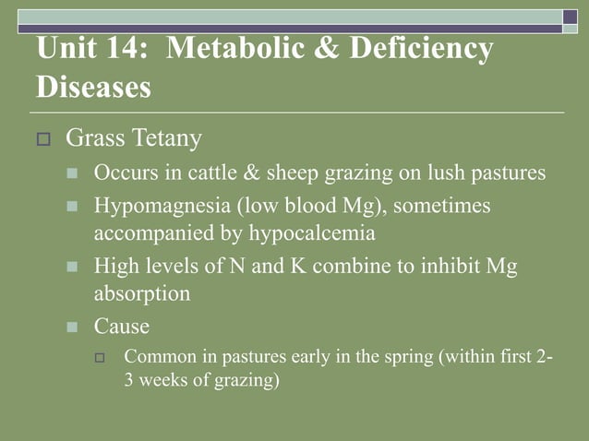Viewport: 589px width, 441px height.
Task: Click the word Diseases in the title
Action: (93, 89)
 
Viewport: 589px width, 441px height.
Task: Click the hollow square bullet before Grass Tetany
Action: (42, 141)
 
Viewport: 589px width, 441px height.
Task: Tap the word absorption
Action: (142, 295)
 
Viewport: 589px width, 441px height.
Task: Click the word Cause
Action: (122, 327)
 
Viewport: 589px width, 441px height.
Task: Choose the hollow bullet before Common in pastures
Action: (102, 357)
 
